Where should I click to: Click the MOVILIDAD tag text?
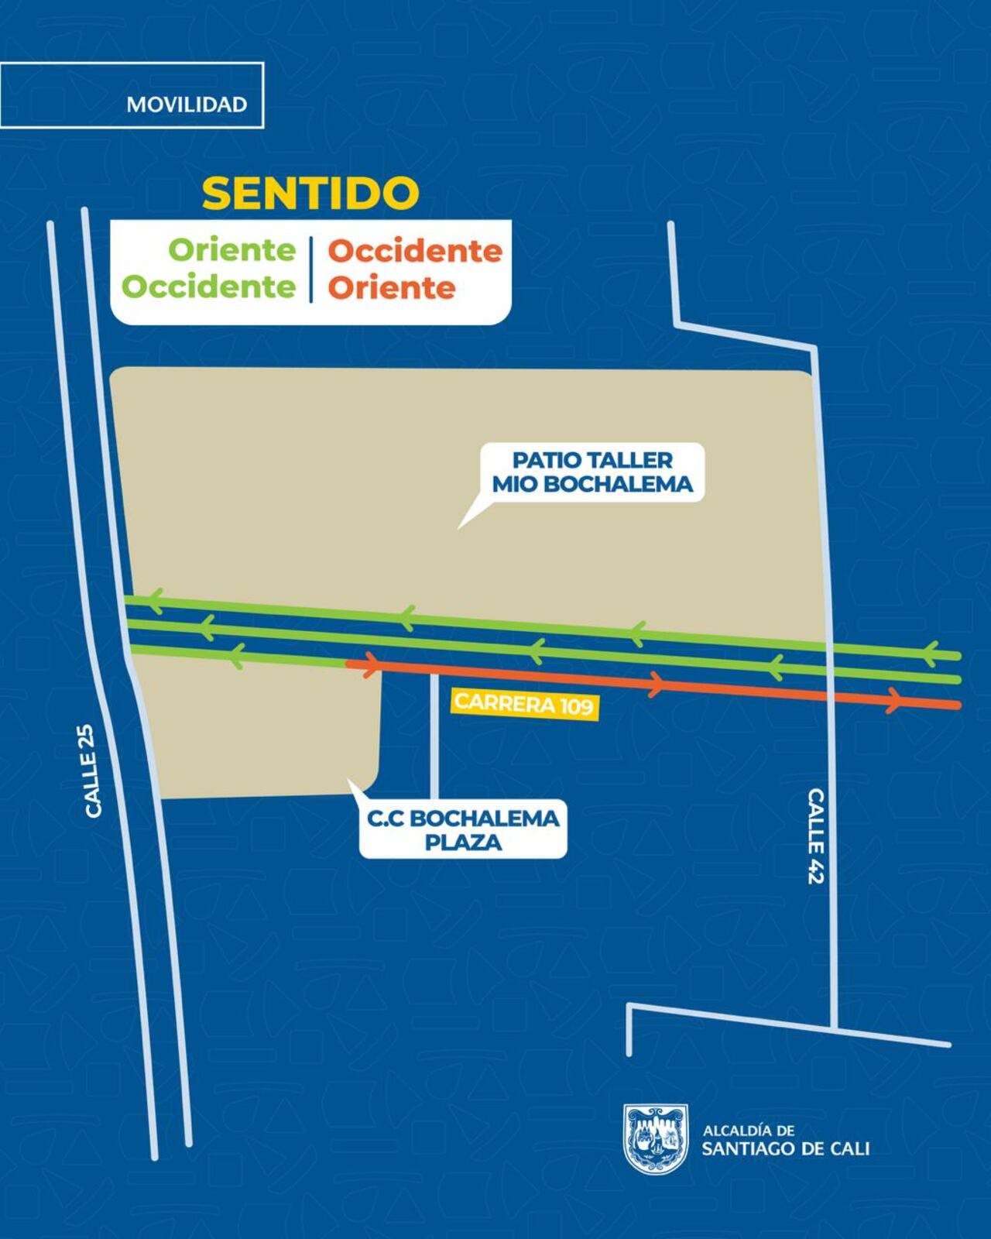coord(187,105)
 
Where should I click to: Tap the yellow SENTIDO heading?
coord(310,194)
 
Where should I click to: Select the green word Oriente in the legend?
coord(232,250)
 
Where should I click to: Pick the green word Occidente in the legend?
coord(209,287)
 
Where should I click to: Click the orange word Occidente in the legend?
coord(415,251)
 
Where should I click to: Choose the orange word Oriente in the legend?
coord(391,287)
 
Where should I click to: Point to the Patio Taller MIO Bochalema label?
coord(592,472)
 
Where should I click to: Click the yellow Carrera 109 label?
coord(524,704)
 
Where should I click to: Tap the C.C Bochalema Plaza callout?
coord(463,829)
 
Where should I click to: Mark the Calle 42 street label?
coord(816,836)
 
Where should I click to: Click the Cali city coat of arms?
coord(656,1138)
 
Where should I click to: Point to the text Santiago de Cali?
coord(785,1148)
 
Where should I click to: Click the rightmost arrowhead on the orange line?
coord(894,700)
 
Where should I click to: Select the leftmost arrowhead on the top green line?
coord(155,600)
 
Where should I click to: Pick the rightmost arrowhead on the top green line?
coord(931,653)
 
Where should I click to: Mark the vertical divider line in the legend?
coord(311,269)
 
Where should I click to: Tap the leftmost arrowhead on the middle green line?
coord(206,627)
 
